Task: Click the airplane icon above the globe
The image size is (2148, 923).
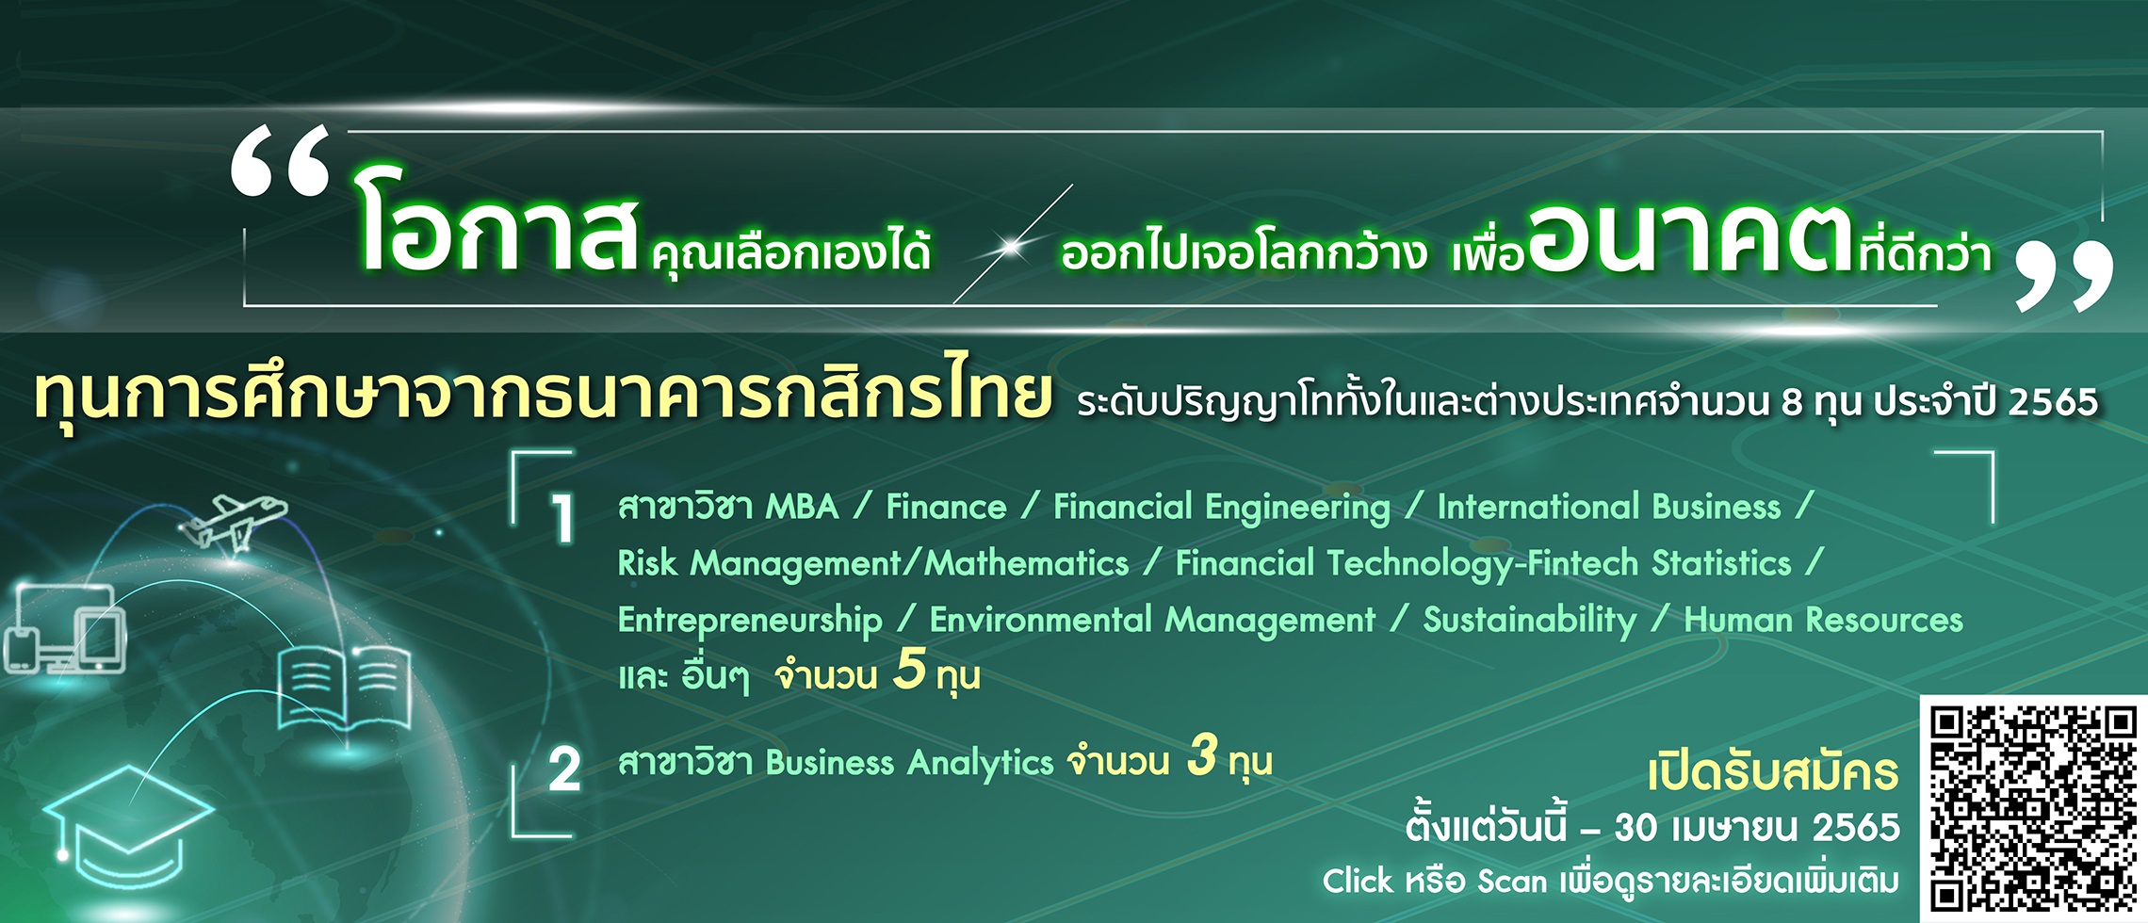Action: point(234,522)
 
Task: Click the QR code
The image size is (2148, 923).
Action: point(2033,809)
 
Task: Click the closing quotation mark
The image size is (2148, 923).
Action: point(2063,276)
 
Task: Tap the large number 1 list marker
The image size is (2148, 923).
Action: point(562,519)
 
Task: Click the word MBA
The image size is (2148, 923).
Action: point(802,507)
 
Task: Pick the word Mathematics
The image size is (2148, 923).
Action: point(1027,563)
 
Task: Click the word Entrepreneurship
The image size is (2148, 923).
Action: point(750,621)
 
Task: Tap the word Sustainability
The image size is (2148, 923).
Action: point(1530,621)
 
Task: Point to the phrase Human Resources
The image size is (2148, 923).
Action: point(1824,620)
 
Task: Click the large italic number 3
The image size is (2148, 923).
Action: point(1202,754)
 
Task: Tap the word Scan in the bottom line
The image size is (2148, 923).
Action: point(1512,882)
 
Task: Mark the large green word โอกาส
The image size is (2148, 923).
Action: point(497,224)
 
